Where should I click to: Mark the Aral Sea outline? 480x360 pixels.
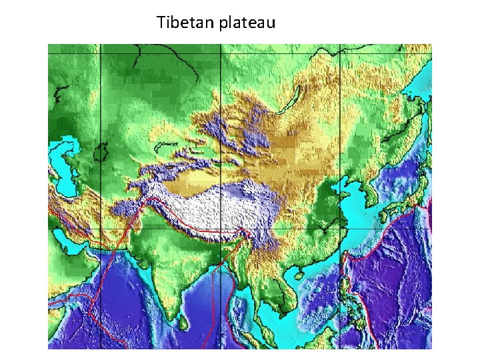102,153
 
